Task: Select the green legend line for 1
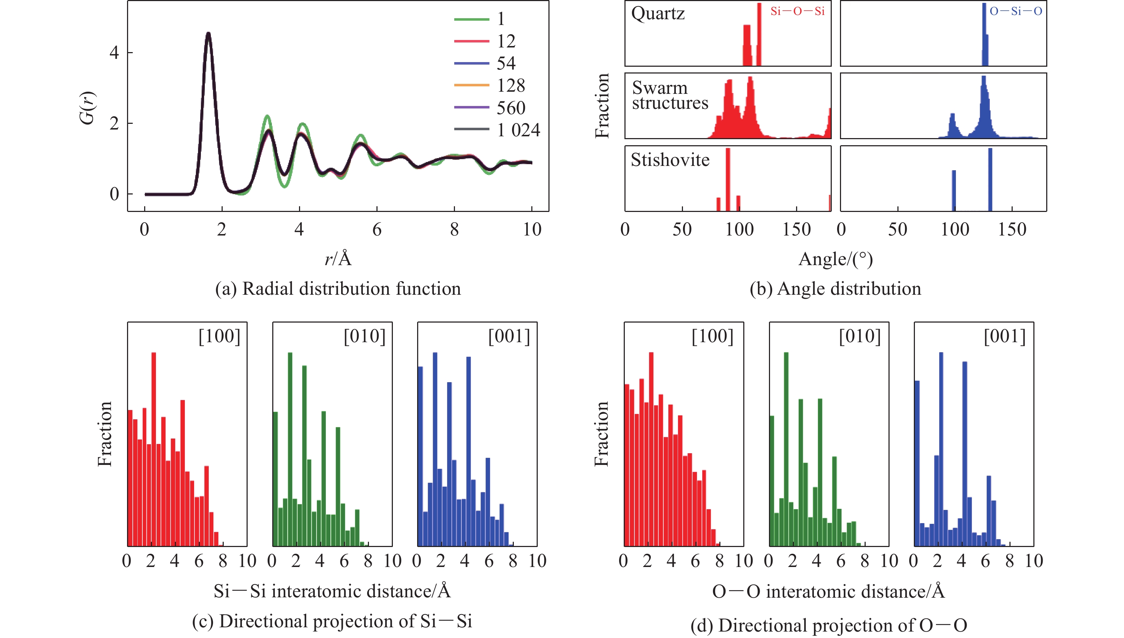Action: (471, 19)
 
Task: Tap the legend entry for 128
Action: (511, 85)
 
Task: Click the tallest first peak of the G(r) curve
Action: (209, 34)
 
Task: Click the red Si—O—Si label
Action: (797, 11)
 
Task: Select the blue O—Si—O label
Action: (1015, 11)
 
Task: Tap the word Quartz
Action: (658, 14)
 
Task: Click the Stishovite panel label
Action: (669, 160)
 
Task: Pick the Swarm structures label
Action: (669, 96)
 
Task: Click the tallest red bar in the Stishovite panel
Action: (728, 179)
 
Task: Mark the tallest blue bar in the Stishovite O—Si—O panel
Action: (990, 179)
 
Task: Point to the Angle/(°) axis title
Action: (835, 259)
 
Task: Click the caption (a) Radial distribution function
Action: (338, 289)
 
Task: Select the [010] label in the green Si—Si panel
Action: (364, 336)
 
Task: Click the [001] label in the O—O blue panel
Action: (1004, 336)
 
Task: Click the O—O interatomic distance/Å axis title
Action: (828, 592)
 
